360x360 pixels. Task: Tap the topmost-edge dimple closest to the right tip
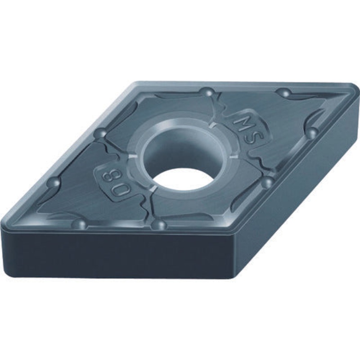coord(284,93)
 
